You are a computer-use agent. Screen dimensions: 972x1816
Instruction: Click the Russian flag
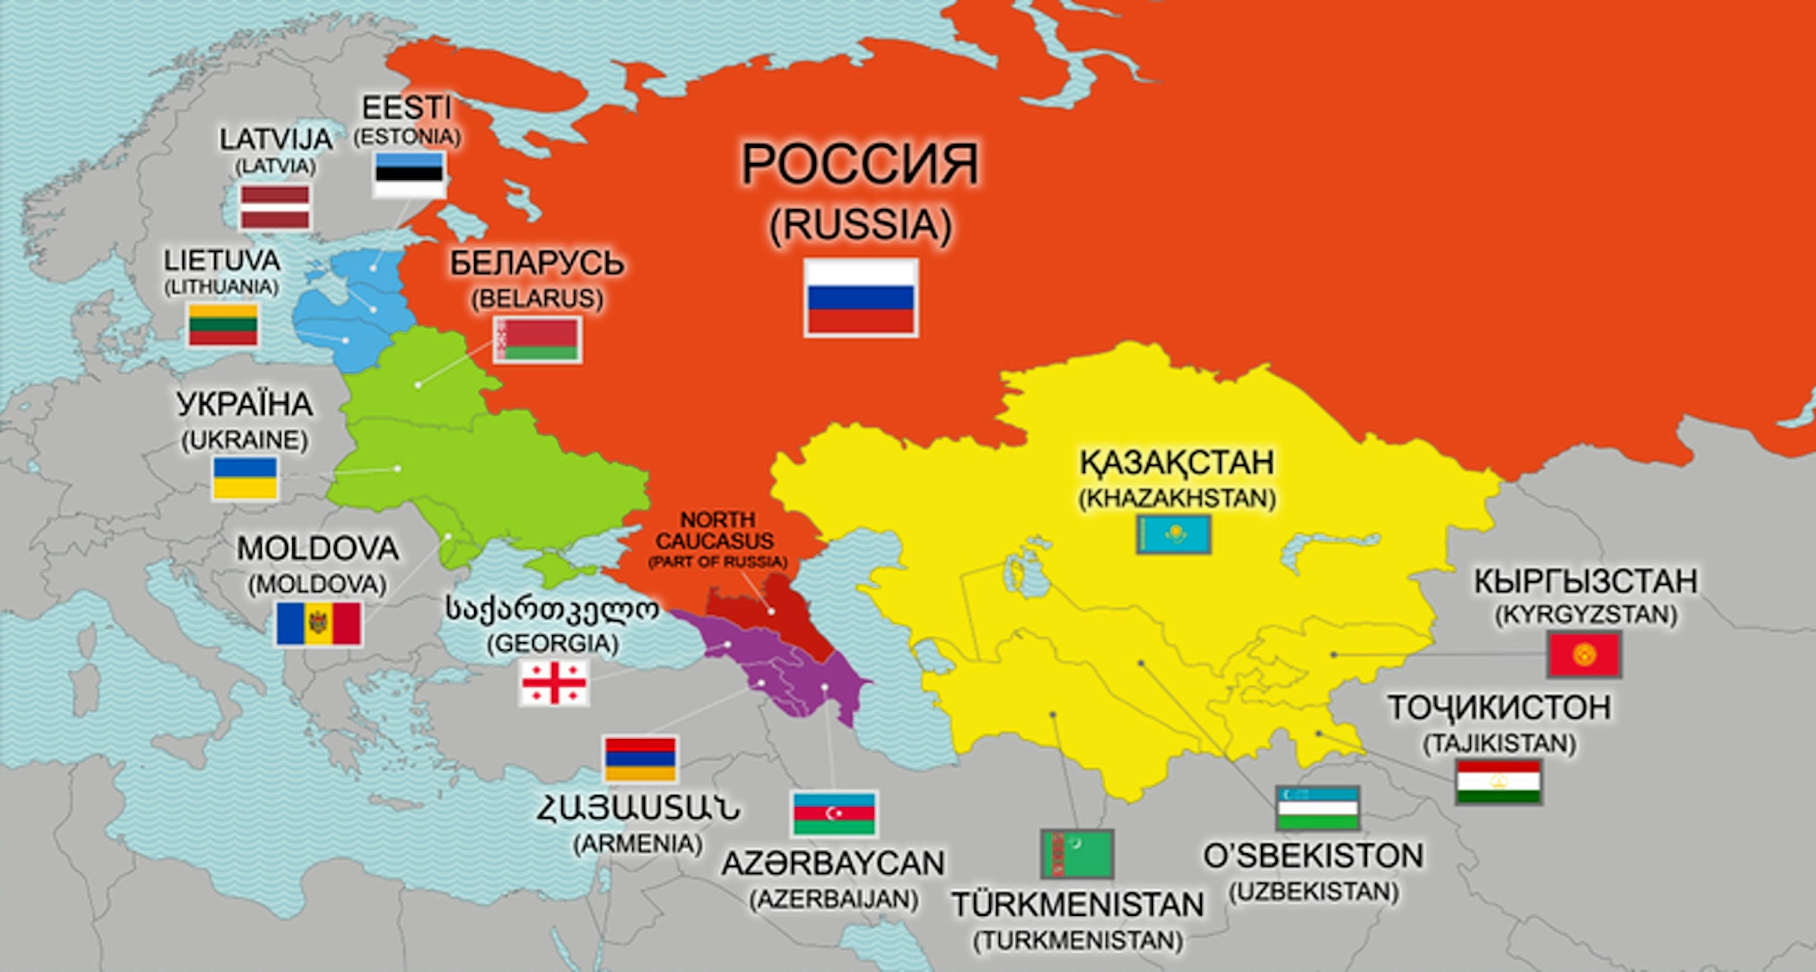tap(861, 298)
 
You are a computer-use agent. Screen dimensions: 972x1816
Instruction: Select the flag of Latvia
tap(275, 207)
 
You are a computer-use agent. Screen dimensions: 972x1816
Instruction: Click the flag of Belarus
tap(538, 340)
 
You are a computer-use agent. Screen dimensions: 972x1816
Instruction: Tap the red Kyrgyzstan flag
tap(1584, 655)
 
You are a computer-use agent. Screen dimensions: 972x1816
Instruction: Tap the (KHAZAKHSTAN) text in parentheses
tap(1177, 499)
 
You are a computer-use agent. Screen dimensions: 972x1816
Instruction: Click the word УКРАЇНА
tap(244, 404)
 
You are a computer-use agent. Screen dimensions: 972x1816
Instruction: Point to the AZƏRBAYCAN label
tap(832, 864)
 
